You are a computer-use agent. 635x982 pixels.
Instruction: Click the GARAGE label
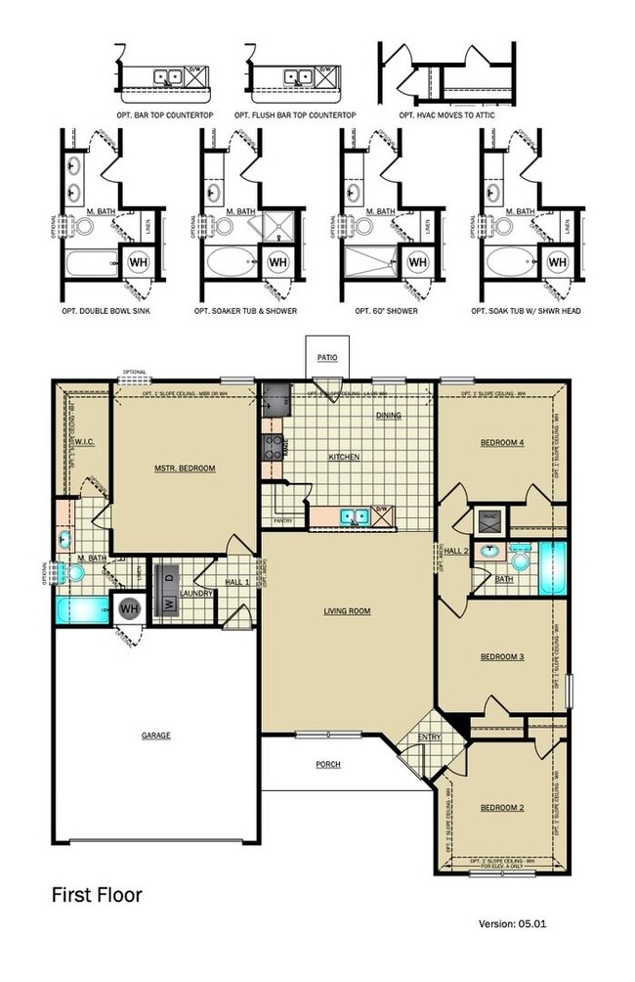pos(155,736)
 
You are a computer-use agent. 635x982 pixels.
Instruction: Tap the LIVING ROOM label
pos(348,611)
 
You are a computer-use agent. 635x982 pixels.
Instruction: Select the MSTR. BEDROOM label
pos(186,469)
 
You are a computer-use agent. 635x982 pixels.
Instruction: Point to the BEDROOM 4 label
pos(502,443)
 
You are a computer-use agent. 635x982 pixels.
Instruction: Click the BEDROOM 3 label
pos(502,657)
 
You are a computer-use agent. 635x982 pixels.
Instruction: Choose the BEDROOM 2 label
pos(502,808)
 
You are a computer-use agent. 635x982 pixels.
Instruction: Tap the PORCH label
pos(327,764)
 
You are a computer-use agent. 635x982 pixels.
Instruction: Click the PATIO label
pos(327,358)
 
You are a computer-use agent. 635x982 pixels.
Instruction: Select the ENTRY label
pos(430,737)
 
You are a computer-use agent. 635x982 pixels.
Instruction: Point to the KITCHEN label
pos(344,457)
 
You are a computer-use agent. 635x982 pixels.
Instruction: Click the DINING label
pos(389,416)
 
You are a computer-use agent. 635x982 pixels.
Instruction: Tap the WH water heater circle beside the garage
pos(128,609)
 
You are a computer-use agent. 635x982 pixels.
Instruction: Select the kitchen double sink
pos(353,515)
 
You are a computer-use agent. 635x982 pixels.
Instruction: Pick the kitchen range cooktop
pos(273,448)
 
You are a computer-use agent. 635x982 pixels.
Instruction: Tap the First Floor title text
pos(97,894)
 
